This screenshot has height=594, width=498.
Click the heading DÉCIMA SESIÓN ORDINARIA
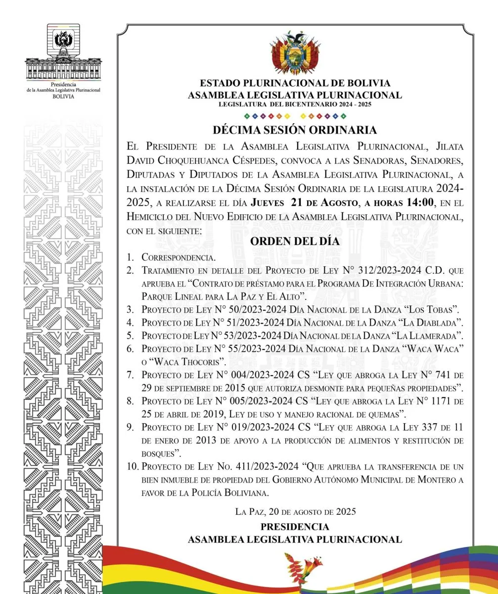point(295,130)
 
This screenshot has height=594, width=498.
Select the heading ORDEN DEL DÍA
point(295,242)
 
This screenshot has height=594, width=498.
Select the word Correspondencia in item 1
point(178,258)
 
